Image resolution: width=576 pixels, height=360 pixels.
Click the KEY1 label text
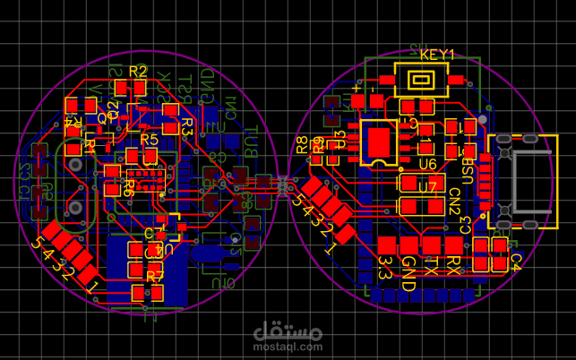click(436, 55)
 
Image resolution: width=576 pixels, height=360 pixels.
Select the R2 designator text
click(138, 71)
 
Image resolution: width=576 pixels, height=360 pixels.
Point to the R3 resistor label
click(187, 126)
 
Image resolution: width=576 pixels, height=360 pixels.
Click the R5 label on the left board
click(149, 140)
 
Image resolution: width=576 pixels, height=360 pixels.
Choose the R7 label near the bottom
click(155, 277)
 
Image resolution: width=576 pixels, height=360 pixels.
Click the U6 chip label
click(427, 164)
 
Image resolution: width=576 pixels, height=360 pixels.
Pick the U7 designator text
click(427, 187)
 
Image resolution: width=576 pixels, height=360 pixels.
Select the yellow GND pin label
click(408, 266)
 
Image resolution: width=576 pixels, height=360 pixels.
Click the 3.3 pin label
click(385, 266)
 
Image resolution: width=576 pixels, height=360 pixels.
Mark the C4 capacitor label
click(515, 261)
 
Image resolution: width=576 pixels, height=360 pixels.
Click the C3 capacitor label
click(466, 224)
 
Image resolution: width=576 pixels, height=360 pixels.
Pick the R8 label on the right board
click(302, 143)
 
